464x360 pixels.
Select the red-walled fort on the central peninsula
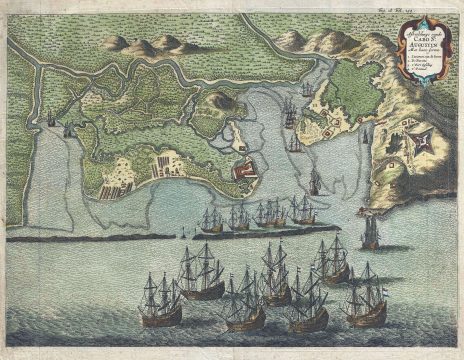(244, 171)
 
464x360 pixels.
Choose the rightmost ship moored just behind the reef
(302, 210)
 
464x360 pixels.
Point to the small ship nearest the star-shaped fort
(366, 133)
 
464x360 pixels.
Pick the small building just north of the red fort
(240, 150)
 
